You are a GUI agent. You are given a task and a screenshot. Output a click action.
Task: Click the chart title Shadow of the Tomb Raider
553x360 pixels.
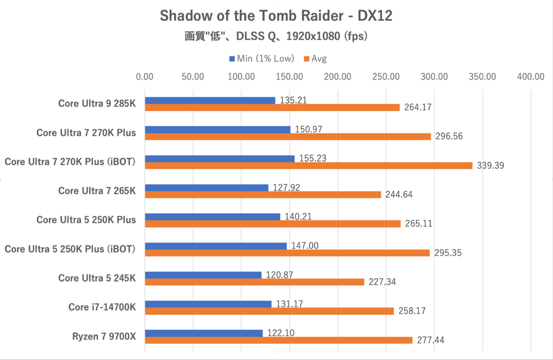[276, 16]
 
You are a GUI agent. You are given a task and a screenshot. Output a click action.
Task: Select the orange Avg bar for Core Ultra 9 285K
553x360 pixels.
[272, 107]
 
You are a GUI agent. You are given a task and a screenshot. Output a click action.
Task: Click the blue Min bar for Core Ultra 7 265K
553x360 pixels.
[207, 188]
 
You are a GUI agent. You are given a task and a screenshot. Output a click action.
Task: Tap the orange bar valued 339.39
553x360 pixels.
[309, 165]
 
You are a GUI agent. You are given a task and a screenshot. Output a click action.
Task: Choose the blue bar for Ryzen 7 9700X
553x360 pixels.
[204, 333]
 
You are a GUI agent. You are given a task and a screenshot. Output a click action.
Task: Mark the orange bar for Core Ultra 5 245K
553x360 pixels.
[255, 282]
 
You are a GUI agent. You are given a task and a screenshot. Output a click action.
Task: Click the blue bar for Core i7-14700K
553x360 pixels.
[208, 304]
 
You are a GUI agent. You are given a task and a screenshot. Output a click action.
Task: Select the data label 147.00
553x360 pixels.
[304, 245]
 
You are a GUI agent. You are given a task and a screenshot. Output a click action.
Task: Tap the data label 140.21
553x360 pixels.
[298, 216]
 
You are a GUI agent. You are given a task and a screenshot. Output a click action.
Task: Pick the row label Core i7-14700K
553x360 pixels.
[102, 307]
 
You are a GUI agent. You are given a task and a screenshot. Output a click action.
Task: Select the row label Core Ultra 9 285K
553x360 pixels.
[97, 103]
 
